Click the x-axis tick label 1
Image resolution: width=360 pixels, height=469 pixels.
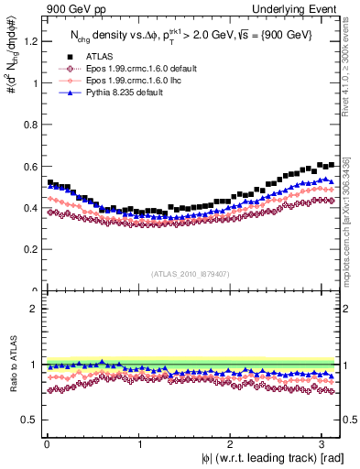[x=137, y=444]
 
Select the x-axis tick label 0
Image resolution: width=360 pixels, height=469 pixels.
[x=46, y=444]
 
